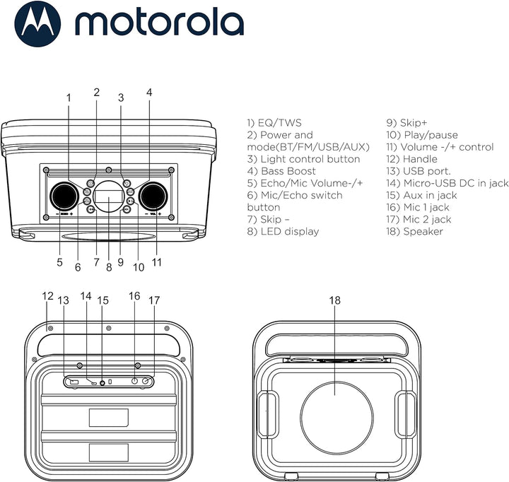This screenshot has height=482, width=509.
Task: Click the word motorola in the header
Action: (159, 25)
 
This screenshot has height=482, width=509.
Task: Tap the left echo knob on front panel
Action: (63, 194)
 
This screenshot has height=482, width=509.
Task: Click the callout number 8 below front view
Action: (108, 267)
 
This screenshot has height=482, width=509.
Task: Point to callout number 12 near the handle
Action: (47, 295)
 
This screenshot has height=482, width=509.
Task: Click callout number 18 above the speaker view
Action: (334, 300)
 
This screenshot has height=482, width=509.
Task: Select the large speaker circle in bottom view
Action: (334, 416)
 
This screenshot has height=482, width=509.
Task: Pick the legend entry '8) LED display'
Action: (283, 231)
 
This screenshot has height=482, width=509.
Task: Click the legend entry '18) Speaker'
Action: (423, 231)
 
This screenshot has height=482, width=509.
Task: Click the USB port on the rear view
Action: (74, 382)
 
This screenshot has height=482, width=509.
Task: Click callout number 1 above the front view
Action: (69, 98)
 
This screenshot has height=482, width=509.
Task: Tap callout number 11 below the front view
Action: (156, 262)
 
